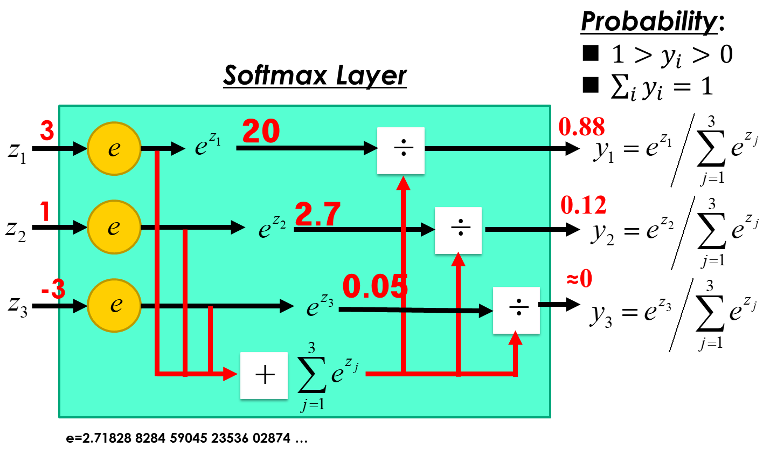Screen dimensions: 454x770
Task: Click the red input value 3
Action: click(x=47, y=130)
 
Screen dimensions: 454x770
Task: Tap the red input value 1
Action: click(x=45, y=211)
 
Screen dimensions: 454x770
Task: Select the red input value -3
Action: click(x=53, y=290)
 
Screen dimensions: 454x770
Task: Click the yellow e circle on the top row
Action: click(x=114, y=148)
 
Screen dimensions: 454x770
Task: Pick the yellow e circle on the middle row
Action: click(x=114, y=227)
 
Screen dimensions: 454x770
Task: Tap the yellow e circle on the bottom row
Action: click(x=114, y=305)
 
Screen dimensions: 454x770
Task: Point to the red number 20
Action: click(x=261, y=131)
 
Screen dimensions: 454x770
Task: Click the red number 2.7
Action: click(x=318, y=214)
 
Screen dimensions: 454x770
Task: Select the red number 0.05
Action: click(x=375, y=286)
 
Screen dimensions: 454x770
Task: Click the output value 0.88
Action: click(x=581, y=127)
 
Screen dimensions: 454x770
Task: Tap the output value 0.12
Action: click(x=584, y=205)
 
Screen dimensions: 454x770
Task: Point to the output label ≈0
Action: click(x=579, y=279)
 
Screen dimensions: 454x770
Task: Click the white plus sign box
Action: click(x=264, y=375)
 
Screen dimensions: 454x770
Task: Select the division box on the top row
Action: click(x=401, y=150)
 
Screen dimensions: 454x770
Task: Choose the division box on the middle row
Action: click(x=458, y=230)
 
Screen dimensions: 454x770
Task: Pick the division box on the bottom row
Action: click(x=516, y=310)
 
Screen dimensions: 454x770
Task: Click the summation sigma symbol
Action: click(x=312, y=376)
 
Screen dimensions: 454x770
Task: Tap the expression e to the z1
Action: click(x=207, y=145)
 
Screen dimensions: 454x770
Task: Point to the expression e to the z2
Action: click(x=272, y=226)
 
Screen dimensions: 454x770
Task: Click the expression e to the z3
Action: click(x=320, y=305)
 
